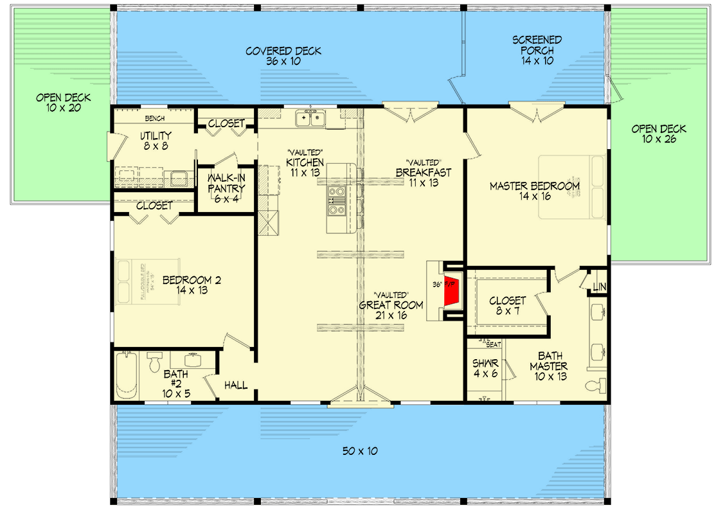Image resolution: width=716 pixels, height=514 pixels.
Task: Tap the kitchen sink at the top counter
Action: tap(310, 118)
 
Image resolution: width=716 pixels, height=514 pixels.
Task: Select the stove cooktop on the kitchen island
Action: tap(336, 199)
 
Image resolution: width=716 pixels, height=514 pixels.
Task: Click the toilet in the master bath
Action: tap(595, 386)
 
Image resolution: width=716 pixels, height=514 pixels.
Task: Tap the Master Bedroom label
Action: tap(534, 191)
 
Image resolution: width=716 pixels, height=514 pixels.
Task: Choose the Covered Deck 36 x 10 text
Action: tap(283, 57)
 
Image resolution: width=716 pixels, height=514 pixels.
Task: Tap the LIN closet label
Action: tap(599, 287)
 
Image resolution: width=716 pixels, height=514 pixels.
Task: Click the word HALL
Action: tap(236, 385)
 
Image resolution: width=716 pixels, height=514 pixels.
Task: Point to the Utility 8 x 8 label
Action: tap(156, 140)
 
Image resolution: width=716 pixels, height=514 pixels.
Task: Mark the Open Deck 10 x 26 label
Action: tap(659, 134)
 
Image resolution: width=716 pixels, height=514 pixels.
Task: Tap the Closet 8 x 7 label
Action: tap(507, 306)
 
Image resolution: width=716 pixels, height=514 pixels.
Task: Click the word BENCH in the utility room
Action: tap(155, 118)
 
